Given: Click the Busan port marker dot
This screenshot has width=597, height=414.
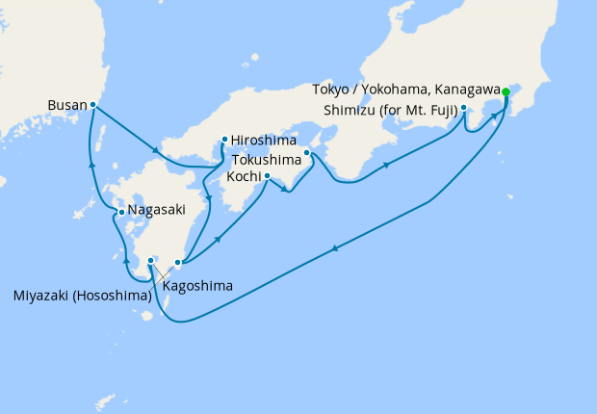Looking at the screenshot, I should point(92,104).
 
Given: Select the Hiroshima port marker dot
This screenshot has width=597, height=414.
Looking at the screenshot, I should point(224,138).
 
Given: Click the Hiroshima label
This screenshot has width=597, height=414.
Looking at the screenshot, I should point(264,140).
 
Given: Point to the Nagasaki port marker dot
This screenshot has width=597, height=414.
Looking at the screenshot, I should point(119,212).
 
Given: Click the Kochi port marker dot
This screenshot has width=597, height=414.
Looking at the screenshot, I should point(267,176).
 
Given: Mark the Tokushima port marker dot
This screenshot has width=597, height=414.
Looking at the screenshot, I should point(307,152).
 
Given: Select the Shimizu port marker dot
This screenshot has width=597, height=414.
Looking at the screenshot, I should point(464,108).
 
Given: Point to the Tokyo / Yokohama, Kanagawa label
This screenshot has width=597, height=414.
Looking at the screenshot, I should point(406,90).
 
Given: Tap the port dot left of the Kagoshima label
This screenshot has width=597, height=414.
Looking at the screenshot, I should point(151,260).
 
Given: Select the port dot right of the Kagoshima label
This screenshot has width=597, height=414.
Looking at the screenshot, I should point(177,261).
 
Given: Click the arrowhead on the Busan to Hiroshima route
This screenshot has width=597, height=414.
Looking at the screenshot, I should point(156,149).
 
